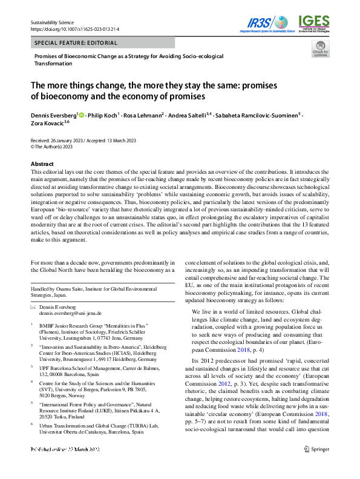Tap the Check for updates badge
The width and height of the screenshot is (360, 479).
pyautogui.click(x=320, y=50)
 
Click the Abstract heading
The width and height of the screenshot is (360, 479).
pyautogui.click(x=43, y=164)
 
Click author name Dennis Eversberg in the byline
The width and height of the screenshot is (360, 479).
pyautogui.click(x=53, y=114)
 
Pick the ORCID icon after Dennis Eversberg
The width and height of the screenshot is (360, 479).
pyautogui.click(x=82, y=114)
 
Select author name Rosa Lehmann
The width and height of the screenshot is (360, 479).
pyautogui.click(x=143, y=114)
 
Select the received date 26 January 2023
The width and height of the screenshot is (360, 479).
pyautogui.click(x=71, y=140)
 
